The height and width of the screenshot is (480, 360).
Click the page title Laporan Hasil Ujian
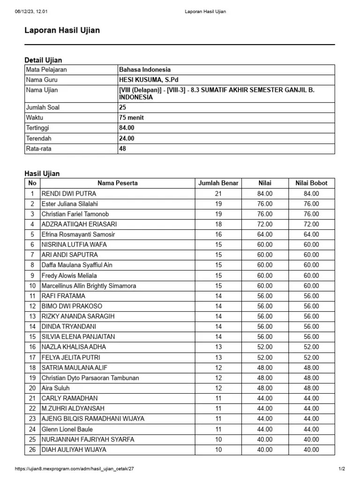(x=62, y=30)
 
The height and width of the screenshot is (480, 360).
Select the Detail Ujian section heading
(x=43, y=60)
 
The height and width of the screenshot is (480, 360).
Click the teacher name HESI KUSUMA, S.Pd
(x=149, y=80)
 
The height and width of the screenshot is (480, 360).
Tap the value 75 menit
(x=131, y=118)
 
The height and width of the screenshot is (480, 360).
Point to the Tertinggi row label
(x=37, y=128)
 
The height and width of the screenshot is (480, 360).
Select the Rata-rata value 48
(x=123, y=149)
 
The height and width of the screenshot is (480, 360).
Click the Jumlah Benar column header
(x=218, y=183)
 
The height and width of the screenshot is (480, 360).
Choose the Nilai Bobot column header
(x=311, y=183)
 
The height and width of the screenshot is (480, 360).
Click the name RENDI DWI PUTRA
(x=69, y=194)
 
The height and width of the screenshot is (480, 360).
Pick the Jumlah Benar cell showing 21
(x=218, y=194)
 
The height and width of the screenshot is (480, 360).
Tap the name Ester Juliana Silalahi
(x=70, y=204)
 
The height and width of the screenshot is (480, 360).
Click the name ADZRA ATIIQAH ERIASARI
(x=79, y=224)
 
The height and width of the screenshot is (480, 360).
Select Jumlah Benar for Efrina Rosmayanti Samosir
(x=218, y=234)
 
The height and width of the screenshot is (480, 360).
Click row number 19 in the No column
(x=32, y=378)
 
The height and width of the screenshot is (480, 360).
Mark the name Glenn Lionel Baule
(x=67, y=429)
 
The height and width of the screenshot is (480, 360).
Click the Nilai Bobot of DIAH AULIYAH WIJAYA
(x=311, y=450)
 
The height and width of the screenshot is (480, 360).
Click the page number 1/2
(x=342, y=469)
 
